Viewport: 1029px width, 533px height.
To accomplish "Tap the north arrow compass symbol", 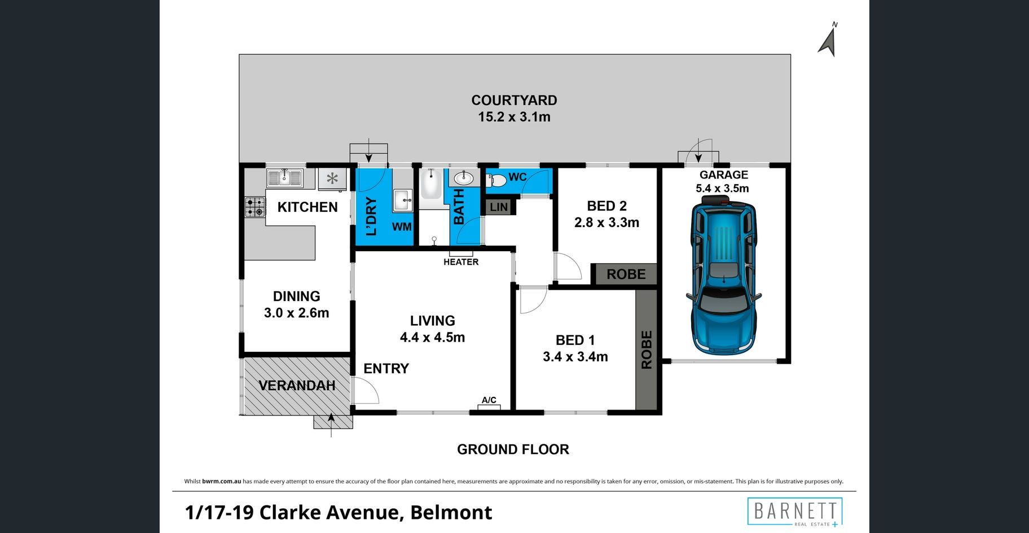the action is tap(828, 40).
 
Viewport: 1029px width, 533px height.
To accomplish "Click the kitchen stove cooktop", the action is tap(255, 207).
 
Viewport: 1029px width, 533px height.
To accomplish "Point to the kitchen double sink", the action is tap(285, 178).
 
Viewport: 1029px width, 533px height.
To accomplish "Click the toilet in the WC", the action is tap(496, 181).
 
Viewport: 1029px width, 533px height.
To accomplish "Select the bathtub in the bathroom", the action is tap(431, 184).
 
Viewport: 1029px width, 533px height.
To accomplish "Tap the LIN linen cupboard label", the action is tap(499, 207).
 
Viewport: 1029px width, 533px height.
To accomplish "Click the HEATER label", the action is tap(461, 262).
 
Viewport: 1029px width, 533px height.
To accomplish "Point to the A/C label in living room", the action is tap(489, 400).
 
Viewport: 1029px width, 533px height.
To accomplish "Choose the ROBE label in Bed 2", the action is tap(626, 274).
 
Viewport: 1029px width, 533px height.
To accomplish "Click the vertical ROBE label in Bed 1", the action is tap(647, 350).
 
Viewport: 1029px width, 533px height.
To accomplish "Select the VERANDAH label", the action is tap(297, 386).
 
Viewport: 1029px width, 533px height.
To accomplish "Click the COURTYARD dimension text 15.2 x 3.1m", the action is tap(514, 117).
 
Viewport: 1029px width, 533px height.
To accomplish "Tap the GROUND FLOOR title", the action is tap(513, 449).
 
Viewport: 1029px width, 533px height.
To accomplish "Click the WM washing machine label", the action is tap(402, 227).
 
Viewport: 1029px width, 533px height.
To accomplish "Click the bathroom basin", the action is tap(464, 178).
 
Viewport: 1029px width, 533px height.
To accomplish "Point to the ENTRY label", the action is tap(386, 369).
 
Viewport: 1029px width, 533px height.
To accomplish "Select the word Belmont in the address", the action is tap(451, 513).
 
